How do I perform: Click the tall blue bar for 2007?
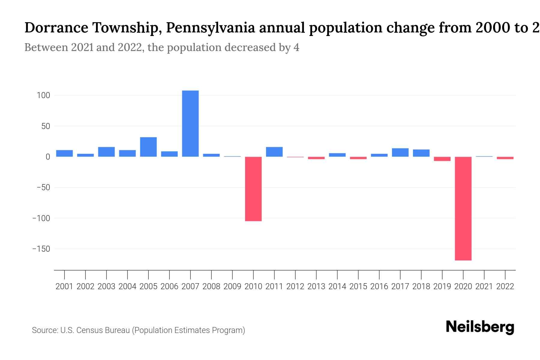click(190, 124)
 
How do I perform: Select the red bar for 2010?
click(253, 189)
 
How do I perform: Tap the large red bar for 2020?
click(463, 208)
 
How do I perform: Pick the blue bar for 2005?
click(148, 147)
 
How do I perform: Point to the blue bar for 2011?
click(274, 152)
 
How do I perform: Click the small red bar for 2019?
click(442, 159)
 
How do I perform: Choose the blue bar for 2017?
click(400, 152)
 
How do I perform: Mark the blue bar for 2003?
click(106, 152)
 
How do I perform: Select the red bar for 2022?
click(505, 158)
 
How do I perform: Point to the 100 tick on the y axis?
click(43, 95)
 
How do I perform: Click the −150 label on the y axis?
click(41, 249)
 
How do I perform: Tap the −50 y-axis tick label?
click(43, 187)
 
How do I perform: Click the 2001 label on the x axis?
click(64, 286)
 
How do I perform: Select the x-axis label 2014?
click(337, 286)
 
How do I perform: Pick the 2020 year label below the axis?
click(463, 286)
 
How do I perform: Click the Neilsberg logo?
click(480, 327)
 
